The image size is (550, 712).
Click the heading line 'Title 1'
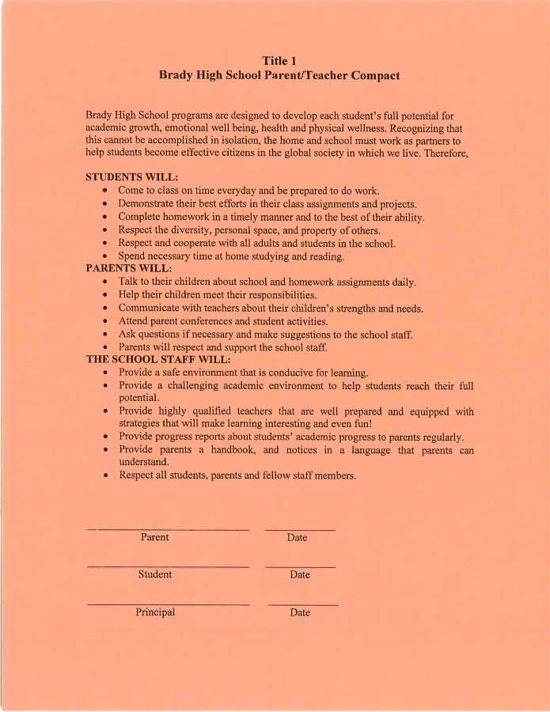pos(279,60)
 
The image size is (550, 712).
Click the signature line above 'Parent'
pos(168,529)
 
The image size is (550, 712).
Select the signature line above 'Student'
pos(168,567)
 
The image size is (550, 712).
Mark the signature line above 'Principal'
pos(168,605)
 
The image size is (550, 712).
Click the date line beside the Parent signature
pos(300,529)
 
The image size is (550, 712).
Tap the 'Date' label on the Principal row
pos(300,613)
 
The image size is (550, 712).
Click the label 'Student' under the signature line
pos(154,574)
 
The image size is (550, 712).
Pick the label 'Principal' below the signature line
pos(155,612)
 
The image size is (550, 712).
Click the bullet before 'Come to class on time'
pos(105,191)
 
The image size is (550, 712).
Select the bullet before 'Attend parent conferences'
pos(105,322)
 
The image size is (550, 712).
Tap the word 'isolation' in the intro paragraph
pos(226,141)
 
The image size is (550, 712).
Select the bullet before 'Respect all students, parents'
pos(105,476)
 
